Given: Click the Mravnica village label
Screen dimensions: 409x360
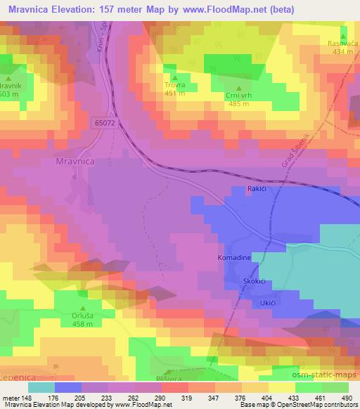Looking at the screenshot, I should [75, 161].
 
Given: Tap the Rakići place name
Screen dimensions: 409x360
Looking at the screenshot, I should [255, 190].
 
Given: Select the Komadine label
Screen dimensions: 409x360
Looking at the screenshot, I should [233, 259].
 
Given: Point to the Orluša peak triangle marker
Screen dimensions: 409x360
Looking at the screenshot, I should [83, 308].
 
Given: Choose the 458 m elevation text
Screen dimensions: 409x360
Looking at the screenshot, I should [83, 324].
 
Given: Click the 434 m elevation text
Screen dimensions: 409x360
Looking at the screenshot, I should [342, 52].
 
